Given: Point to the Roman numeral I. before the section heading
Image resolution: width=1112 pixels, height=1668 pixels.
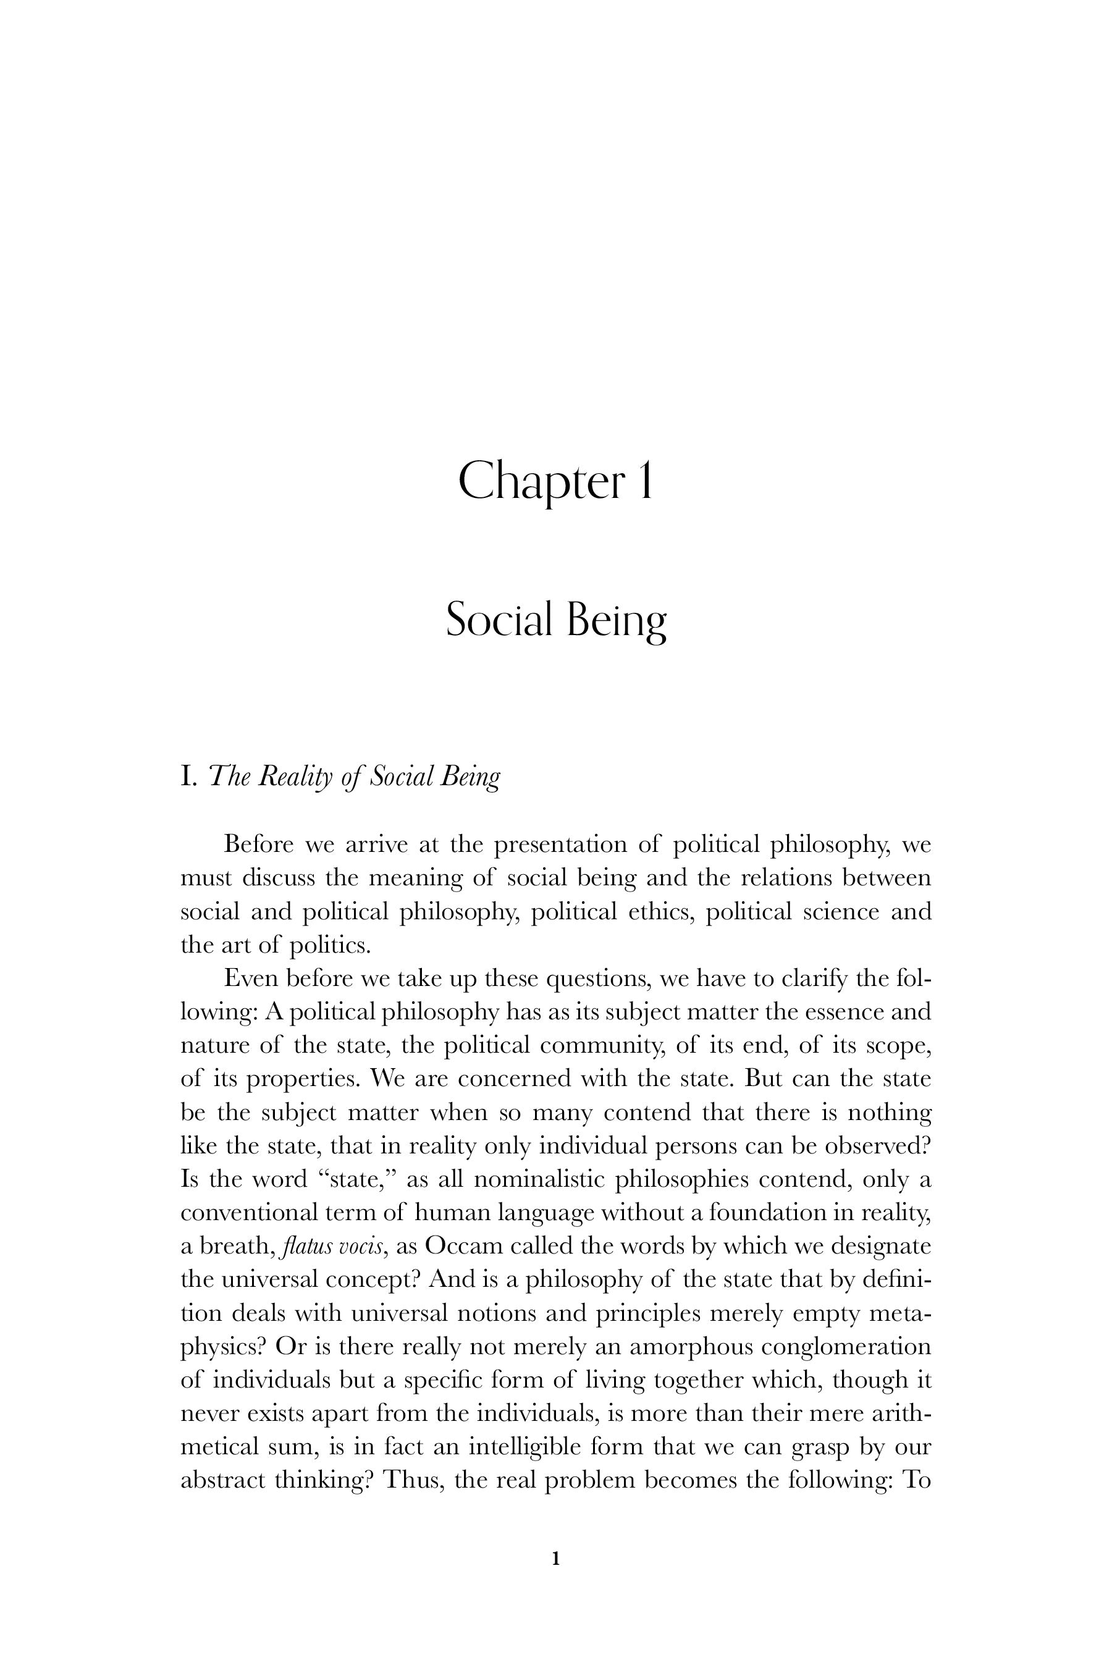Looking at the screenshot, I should [188, 777].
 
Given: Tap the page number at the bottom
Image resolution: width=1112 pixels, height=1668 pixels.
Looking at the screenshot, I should [556, 1558].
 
